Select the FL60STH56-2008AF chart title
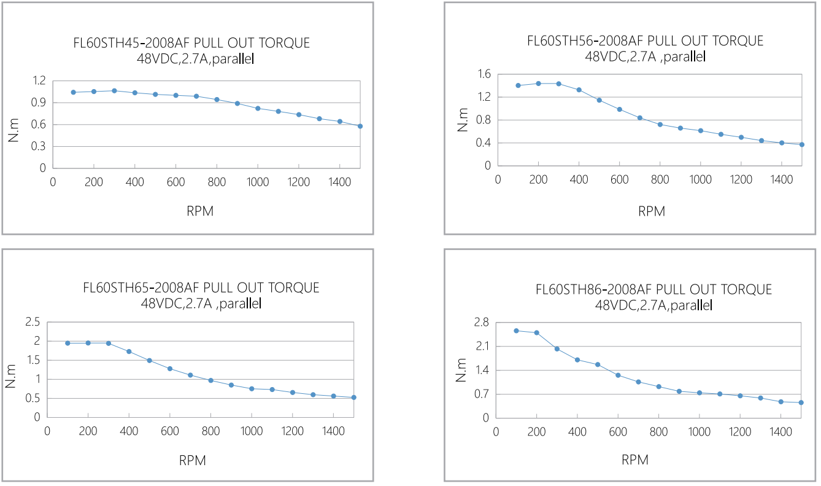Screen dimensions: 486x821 click(x=646, y=41)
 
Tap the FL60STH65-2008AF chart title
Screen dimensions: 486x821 click(x=201, y=288)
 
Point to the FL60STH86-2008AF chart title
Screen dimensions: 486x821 click(x=654, y=289)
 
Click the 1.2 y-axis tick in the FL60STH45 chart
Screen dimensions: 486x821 click(x=40, y=81)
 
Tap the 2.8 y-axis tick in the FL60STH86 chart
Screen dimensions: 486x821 click(x=481, y=322)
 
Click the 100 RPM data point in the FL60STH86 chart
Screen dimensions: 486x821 click(x=516, y=331)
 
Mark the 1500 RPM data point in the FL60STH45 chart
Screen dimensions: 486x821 click(x=360, y=126)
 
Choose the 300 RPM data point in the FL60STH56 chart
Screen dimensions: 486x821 click(x=558, y=84)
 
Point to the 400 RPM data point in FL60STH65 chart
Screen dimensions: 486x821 click(x=129, y=351)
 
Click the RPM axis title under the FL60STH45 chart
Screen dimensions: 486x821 click(x=200, y=211)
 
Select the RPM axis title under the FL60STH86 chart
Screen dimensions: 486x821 click(x=635, y=460)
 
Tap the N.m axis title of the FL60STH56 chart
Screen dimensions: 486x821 click(x=463, y=120)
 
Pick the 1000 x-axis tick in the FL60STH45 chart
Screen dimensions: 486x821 click(x=257, y=182)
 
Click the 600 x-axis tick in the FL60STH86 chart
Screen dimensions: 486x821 click(x=618, y=432)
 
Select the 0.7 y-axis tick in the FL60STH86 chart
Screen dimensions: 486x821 click(x=481, y=394)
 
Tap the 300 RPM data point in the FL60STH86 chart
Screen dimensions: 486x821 click(x=557, y=348)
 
